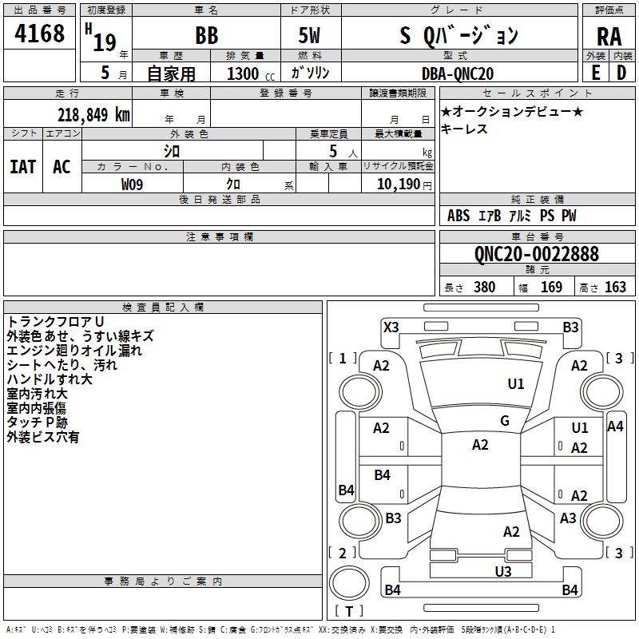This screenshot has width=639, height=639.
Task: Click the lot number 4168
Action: [x=39, y=33]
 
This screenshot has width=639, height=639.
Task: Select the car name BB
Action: [x=207, y=35]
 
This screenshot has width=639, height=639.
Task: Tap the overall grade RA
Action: [x=609, y=37]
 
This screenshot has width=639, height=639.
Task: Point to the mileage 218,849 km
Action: [x=93, y=115]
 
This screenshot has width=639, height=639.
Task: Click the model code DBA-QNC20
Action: [x=458, y=73]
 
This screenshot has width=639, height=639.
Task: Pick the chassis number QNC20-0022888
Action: [x=537, y=254]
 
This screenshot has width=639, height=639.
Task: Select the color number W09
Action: [x=132, y=185]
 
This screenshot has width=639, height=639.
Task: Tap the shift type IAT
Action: [x=23, y=167]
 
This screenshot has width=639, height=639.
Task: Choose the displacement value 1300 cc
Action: [x=251, y=73]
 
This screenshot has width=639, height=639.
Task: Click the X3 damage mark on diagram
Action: [x=391, y=327]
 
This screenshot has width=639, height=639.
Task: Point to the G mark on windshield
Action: [x=505, y=421]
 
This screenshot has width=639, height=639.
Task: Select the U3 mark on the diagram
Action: [x=503, y=572]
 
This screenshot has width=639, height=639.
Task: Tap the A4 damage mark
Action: [x=615, y=427]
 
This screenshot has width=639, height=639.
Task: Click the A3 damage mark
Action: [x=568, y=518]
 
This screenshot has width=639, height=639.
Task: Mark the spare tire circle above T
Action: [x=349, y=583]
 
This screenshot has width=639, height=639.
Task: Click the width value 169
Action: [x=551, y=288]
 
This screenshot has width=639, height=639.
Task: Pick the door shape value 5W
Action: [x=309, y=35]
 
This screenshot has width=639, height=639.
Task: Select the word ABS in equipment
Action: [x=458, y=216]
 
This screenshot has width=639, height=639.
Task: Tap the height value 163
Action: [x=615, y=288]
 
